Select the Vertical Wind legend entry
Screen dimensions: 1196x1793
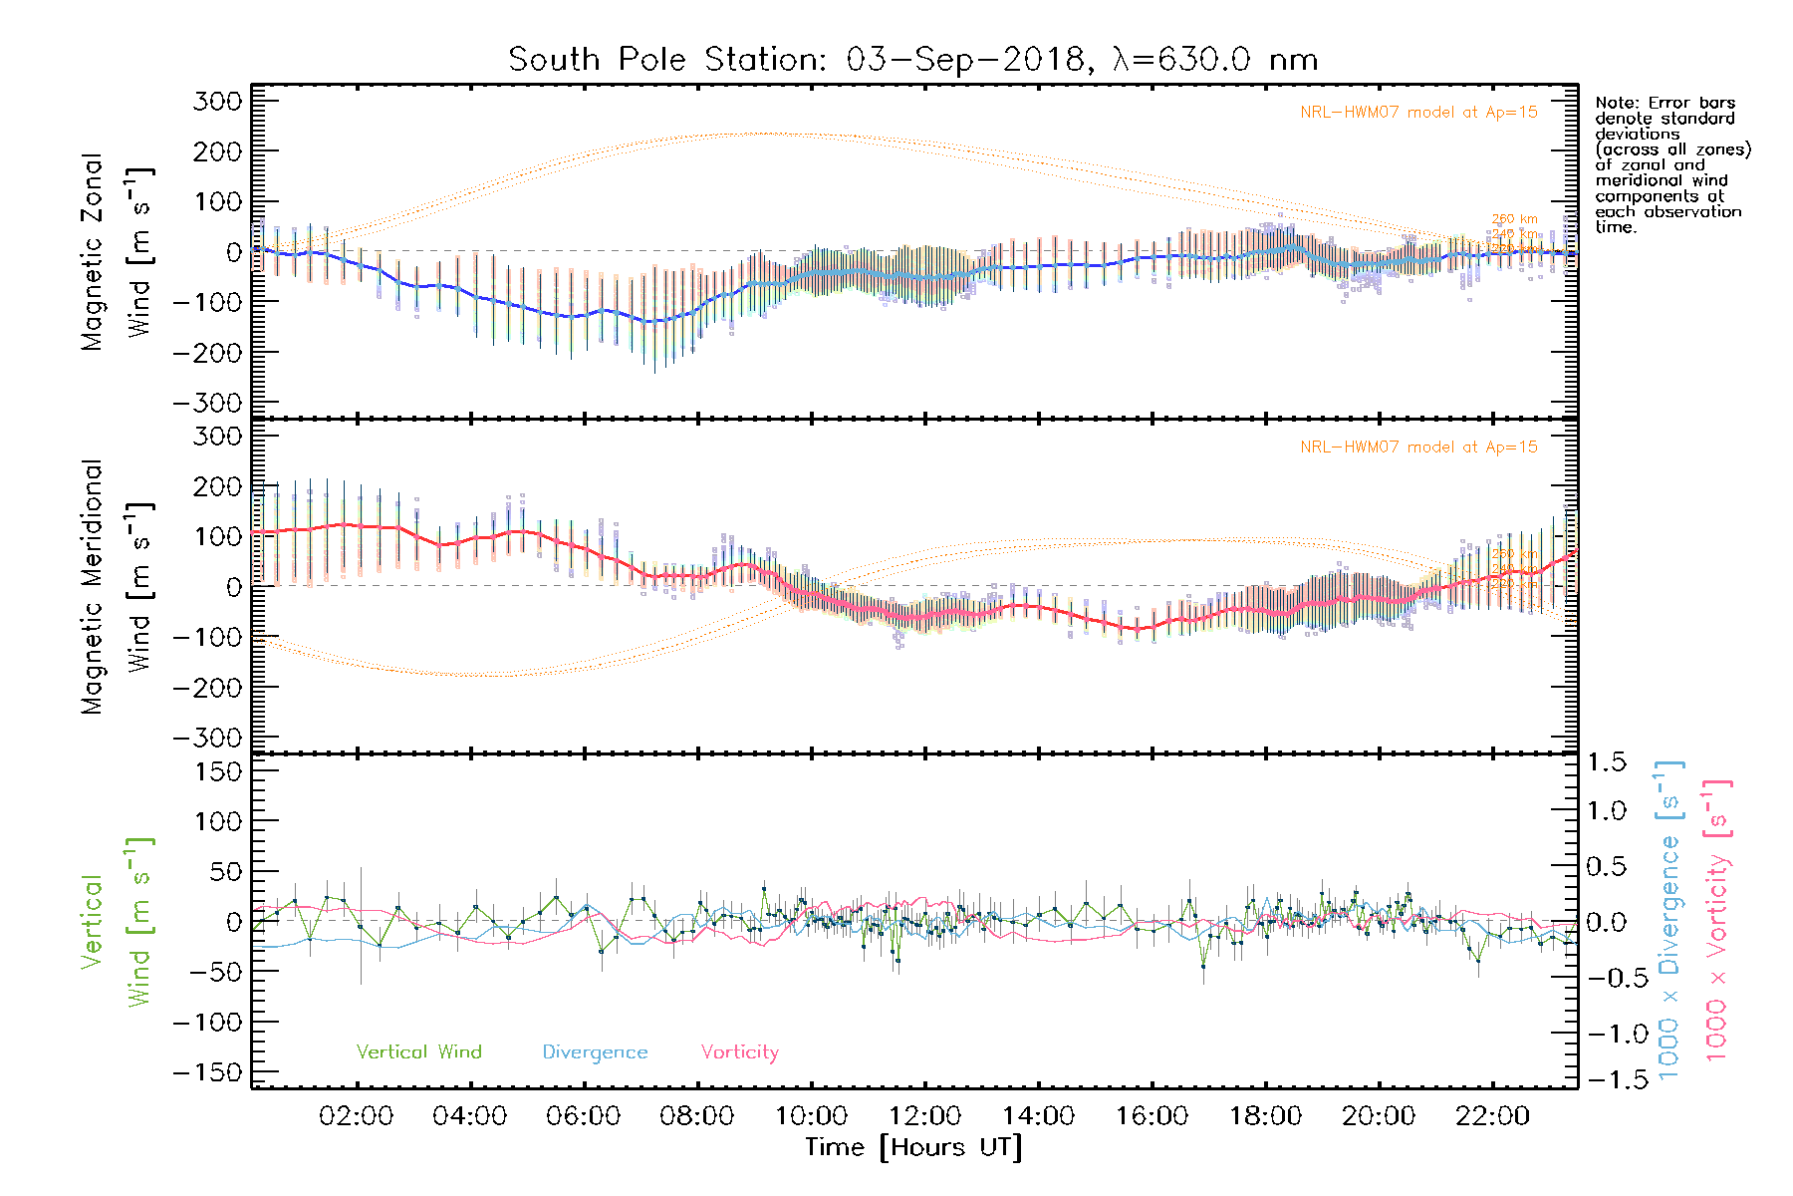[x=418, y=1052]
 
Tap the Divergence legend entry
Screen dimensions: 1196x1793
[x=595, y=1052]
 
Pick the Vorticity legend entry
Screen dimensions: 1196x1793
[x=739, y=1052]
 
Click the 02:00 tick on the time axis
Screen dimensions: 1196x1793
[x=356, y=1116]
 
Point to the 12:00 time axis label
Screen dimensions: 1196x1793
[x=924, y=1116]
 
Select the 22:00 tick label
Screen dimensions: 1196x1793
[x=1492, y=1116]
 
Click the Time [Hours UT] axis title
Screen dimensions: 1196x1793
[x=913, y=1148]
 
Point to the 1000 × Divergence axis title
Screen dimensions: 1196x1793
[x=1669, y=922]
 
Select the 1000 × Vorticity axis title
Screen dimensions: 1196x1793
[x=1717, y=922]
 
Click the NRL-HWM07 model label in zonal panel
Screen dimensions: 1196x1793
[x=1418, y=113]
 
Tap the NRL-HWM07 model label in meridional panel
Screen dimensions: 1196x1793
[x=1418, y=448]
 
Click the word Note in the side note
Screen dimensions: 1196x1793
[x=1614, y=103]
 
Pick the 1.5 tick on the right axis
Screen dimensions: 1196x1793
[x=1607, y=762]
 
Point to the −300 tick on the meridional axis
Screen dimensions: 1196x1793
[x=208, y=738]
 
